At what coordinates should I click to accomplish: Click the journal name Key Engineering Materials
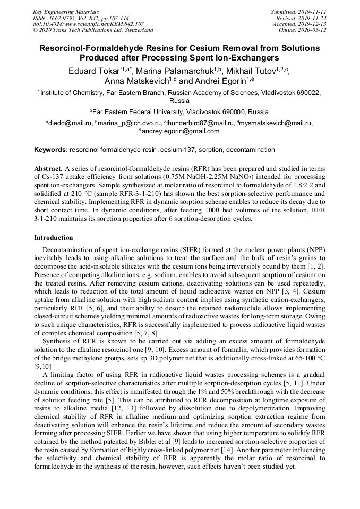point(65,11)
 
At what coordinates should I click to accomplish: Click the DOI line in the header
point(88,24)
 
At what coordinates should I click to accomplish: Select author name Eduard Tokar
point(94,71)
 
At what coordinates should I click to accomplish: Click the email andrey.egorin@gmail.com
point(181,131)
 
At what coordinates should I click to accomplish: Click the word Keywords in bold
point(50,150)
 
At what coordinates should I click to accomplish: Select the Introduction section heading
point(54,237)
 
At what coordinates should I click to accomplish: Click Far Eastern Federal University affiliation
point(181,112)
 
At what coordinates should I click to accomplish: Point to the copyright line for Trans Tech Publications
point(93,30)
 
